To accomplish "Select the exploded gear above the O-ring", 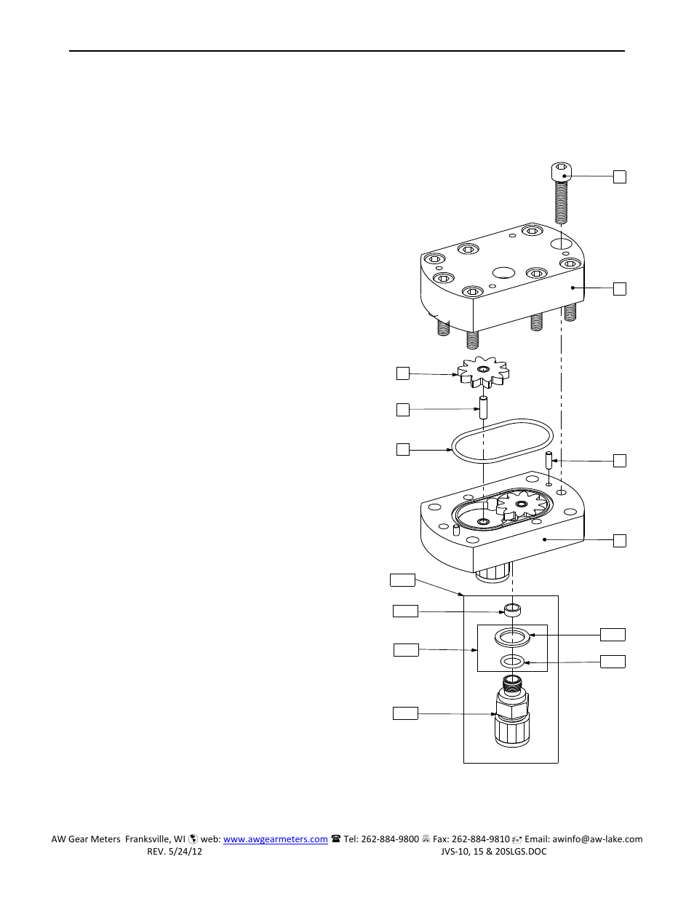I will (484, 372).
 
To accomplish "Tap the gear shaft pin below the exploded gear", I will (483, 407).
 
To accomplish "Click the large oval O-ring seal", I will (502, 440).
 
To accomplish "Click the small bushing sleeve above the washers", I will (513, 610).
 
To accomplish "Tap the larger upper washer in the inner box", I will (512, 638).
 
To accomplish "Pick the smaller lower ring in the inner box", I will (512, 662).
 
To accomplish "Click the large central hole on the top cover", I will (503, 273).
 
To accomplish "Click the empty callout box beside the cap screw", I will (619, 177).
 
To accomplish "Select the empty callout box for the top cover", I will (619, 289).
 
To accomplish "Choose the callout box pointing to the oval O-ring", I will (402, 449).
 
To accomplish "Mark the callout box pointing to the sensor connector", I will (405, 713).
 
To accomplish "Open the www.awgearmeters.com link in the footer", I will (275, 839).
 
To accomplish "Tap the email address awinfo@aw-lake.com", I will (597, 839).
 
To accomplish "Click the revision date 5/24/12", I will (186, 852).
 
